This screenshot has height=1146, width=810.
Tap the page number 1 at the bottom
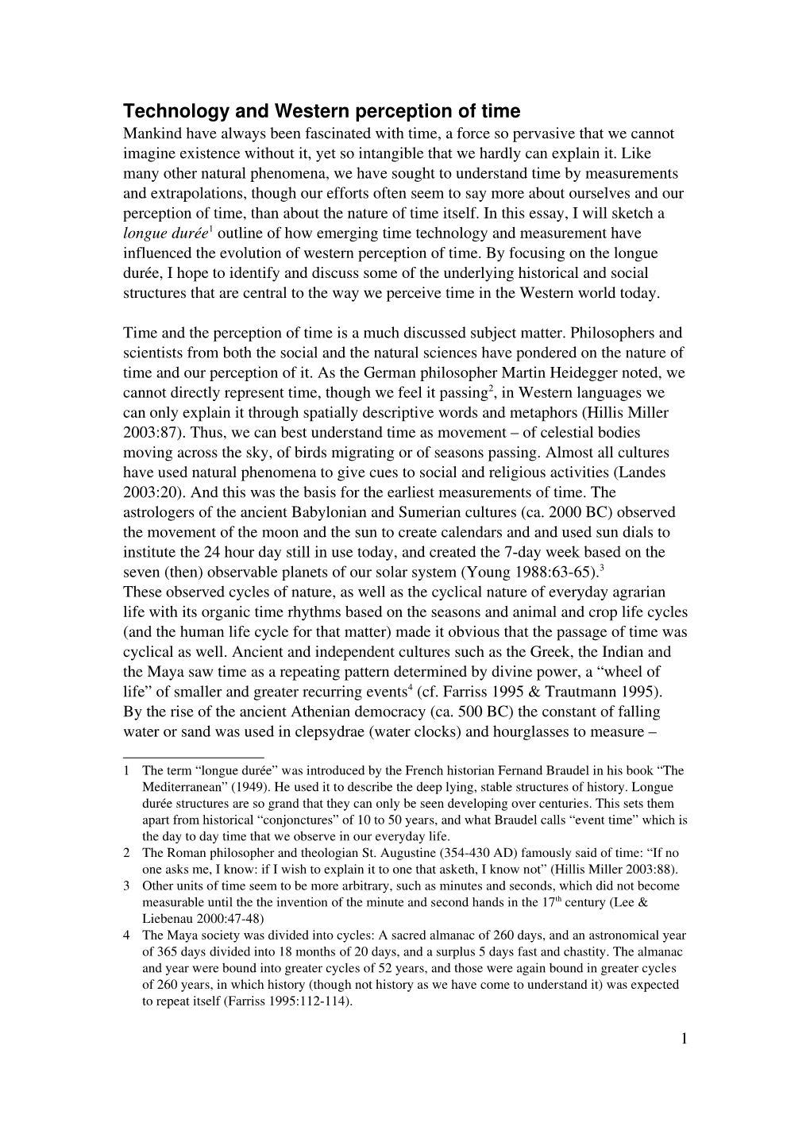tap(683, 1040)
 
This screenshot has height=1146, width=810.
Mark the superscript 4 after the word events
tap(409, 688)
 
